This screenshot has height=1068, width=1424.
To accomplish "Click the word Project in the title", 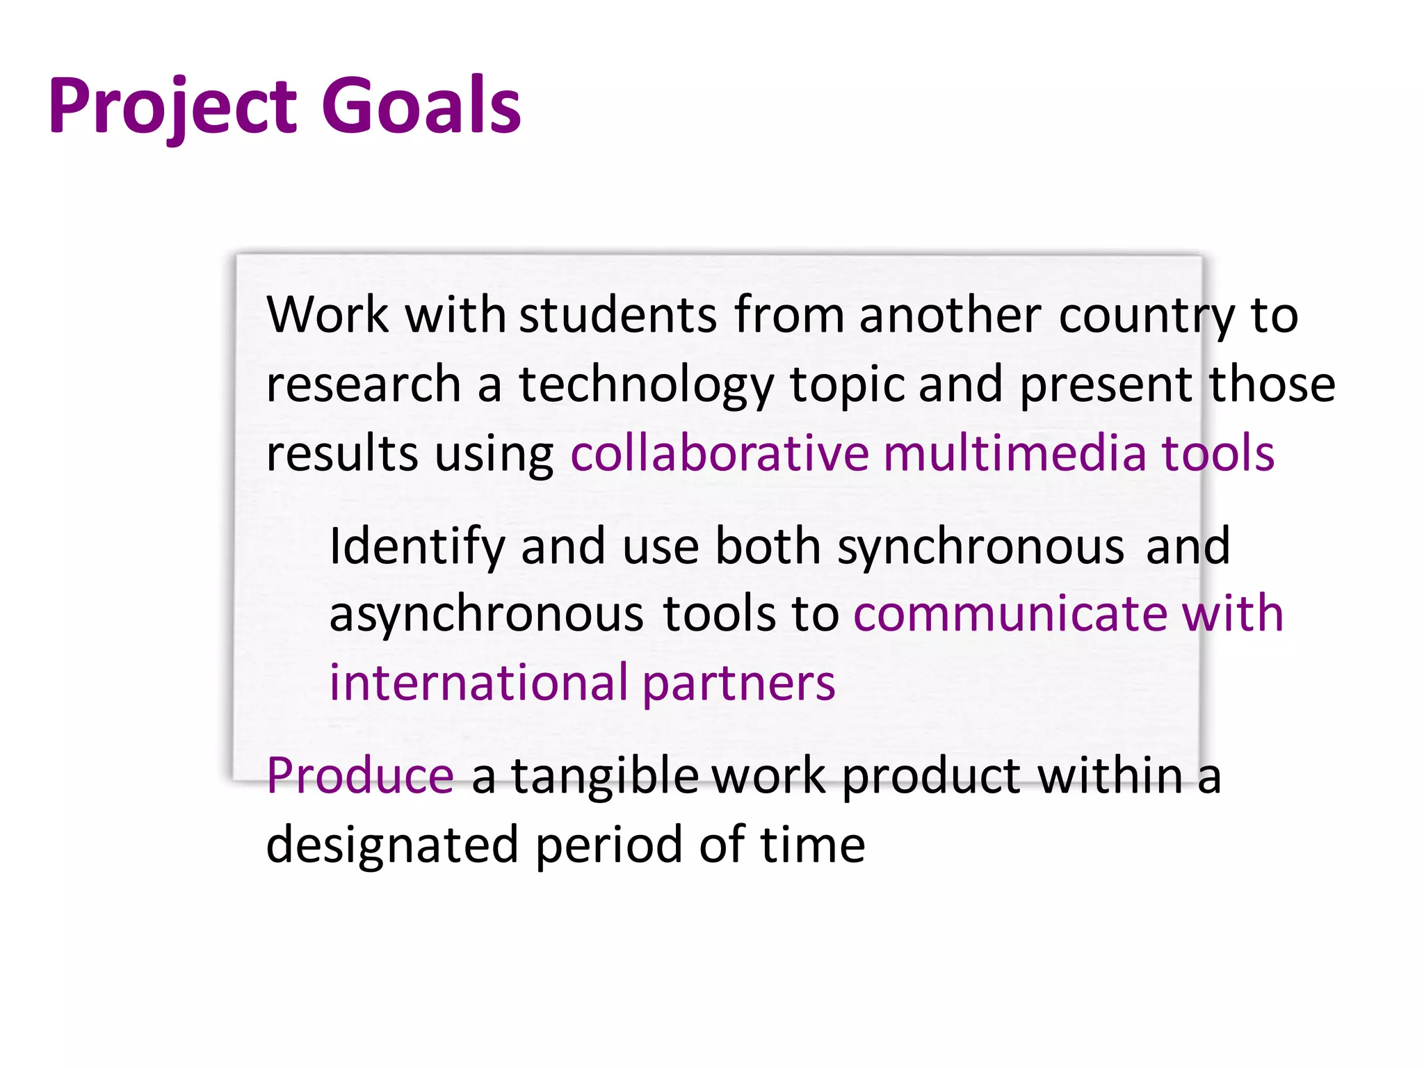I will (173, 106).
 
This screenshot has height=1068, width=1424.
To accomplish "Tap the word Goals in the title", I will (421, 106).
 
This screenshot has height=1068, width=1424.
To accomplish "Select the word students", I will (617, 315).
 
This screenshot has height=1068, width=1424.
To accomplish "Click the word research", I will (363, 385).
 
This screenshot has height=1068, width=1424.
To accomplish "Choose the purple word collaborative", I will (719, 453).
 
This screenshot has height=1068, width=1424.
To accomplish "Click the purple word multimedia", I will (1014, 453).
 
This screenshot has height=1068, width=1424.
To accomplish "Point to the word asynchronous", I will (486, 615).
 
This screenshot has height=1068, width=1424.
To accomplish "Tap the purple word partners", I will (738, 683).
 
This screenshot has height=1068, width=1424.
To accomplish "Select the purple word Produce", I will (360, 775).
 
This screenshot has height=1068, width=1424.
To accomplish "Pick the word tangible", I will (605, 777).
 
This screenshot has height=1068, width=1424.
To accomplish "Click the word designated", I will (392, 845).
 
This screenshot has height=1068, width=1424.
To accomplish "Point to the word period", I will (609, 845).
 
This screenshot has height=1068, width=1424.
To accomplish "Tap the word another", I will (950, 315).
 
